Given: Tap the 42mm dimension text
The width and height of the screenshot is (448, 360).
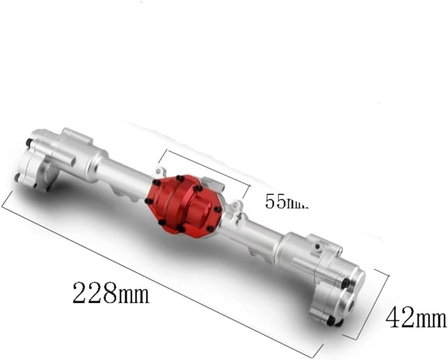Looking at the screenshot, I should pyautogui.click(x=415, y=318).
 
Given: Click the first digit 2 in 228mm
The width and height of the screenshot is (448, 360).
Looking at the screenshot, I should pyautogui.click(x=80, y=293).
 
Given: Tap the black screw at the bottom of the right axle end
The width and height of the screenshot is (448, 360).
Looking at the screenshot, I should pyautogui.click(x=331, y=321).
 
